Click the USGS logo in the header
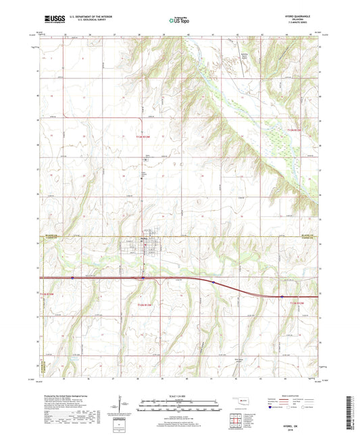55,20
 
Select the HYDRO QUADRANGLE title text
300,17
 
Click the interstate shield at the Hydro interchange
143,278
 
